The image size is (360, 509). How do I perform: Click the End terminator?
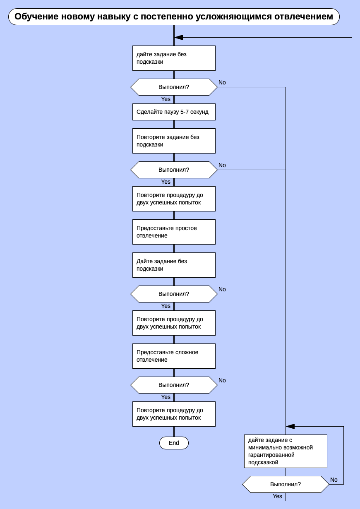pyautogui.click(x=174, y=443)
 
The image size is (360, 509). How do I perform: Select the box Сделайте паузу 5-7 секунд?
pyautogui.click(x=174, y=112)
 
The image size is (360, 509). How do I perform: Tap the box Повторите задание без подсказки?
pyautogui.click(x=174, y=141)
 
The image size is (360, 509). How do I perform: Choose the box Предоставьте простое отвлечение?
pyautogui.click(x=174, y=232)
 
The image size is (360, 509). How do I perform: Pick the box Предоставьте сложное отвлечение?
pyautogui.click(x=174, y=356)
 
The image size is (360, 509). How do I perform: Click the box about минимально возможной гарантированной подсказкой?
pyautogui.click(x=286, y=451)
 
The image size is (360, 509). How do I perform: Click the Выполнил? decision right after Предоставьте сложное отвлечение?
pyautogui.click(x=174, y=385)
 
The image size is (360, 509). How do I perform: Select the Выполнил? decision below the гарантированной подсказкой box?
pyautogui.click(x=286, y=484)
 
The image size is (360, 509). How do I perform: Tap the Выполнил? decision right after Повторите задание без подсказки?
pyautogui.click(x=174, y=170)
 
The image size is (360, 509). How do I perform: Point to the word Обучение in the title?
pyautogui.click(x=36, y=17)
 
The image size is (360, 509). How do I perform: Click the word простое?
pyautogui.click(x=183, y=228)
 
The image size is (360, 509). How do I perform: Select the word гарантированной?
pyautogui.click(x=271, y=455)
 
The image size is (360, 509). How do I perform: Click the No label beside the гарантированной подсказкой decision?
pyautogui.click(x=334, y=480)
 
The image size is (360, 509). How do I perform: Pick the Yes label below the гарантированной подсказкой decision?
pyautogui.click(x=277, y=496)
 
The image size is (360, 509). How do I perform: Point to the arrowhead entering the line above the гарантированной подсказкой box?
pyautogui.click(x=290, y=426)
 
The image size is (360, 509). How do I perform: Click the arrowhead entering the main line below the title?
pyautogui.click(x=179, y=37)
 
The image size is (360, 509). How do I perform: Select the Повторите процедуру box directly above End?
pyautogui.click(x=174, y=414)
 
